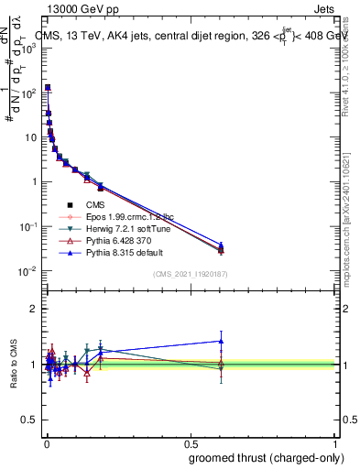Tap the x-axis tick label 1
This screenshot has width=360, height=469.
[335, 444]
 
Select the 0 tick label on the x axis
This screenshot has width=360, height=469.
[46, 444]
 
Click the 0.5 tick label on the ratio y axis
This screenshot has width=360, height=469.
[32, 421]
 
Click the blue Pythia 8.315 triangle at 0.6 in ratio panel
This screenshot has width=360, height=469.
[221, 341]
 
